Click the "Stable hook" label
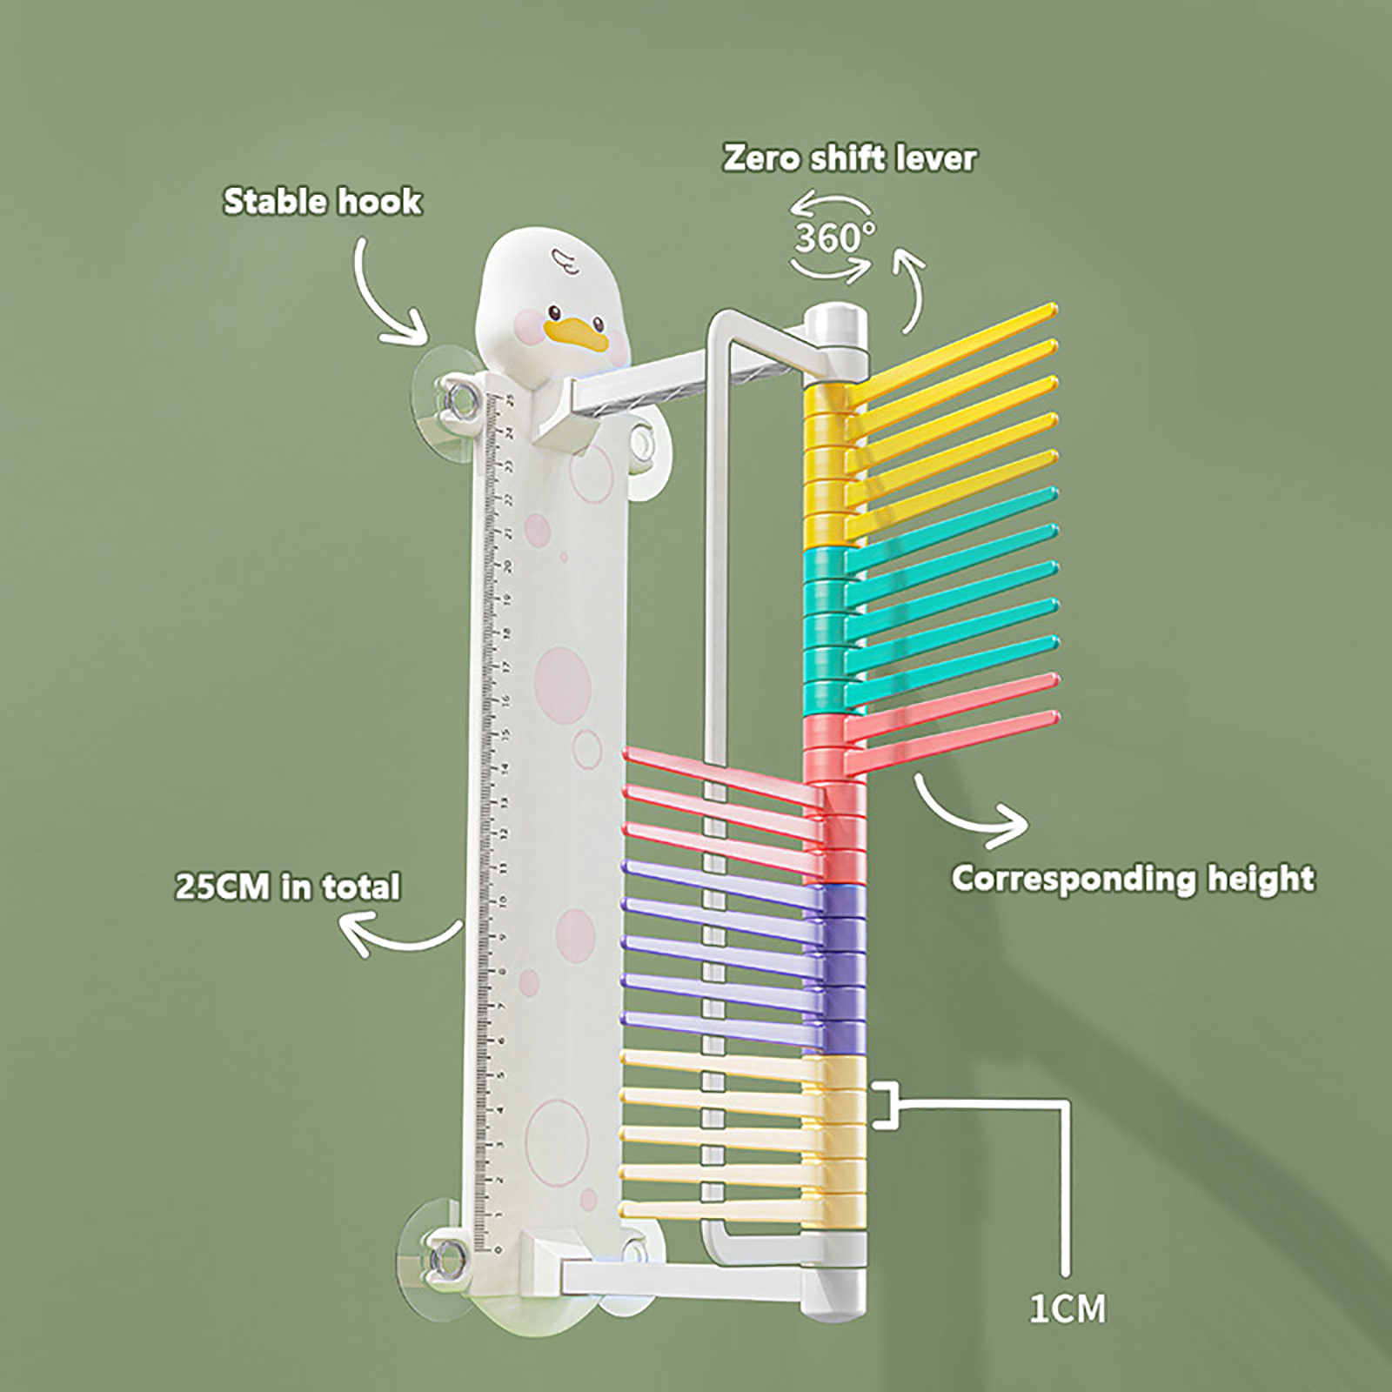coord(322,202)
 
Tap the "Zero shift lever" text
coord(849,158)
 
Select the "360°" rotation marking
coord(834,237)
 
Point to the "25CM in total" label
coord(288,887)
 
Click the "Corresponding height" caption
coord(1132,878)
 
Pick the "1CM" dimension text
coord(1067,1308)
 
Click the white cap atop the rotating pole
coord(835,325)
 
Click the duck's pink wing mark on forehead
coord(559,257)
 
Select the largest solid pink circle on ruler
coord(562,678)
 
